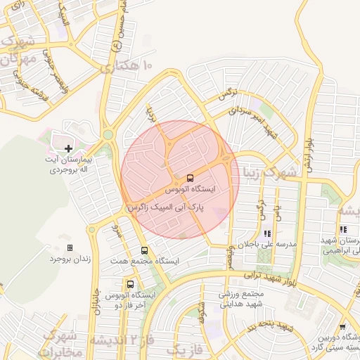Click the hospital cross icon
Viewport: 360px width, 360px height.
point(68,148)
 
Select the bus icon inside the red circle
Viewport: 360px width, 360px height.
point(191,178)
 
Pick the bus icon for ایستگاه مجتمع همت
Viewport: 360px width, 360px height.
point(144,250)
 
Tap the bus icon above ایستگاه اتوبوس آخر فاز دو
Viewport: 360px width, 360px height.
point(130,284)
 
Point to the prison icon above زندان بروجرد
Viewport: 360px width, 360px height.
point(69,247)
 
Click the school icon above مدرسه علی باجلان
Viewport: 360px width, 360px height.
point(266,233)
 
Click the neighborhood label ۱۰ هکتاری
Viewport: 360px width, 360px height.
point(127,67)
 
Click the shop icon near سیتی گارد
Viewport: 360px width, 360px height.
point(342,326)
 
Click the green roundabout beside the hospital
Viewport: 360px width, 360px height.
point(108,134)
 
